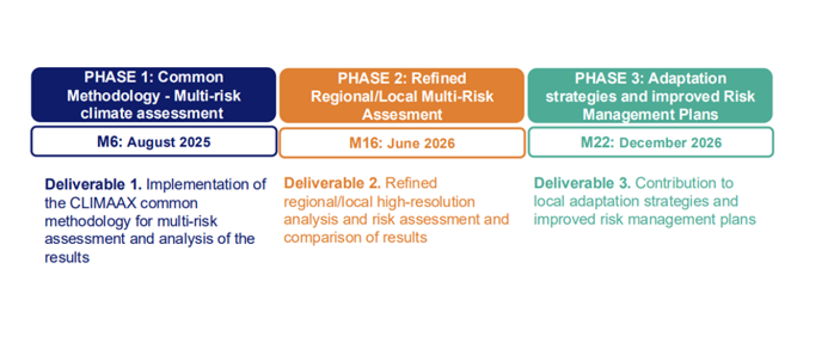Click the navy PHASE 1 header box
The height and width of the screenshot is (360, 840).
(x=153, y=95)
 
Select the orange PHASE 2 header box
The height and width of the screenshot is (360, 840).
(x=402, y=95)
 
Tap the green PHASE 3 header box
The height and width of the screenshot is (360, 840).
(x=650, y=95)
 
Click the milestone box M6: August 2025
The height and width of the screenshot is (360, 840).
(x=153, y=142)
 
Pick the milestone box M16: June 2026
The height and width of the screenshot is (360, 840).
(x=402, y=143)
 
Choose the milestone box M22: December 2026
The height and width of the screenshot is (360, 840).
(x=650, y=143)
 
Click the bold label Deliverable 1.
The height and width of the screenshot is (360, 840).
(x=93, y=184)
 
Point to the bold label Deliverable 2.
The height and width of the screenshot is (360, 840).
(x=332, y=183)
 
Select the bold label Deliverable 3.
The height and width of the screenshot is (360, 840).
(x=582, y=183)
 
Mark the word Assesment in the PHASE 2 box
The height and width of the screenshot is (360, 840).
(x=402, y=114)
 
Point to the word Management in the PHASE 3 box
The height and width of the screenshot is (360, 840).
(x=622, y=114)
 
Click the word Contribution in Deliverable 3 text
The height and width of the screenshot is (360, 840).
(x=684, y=183)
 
